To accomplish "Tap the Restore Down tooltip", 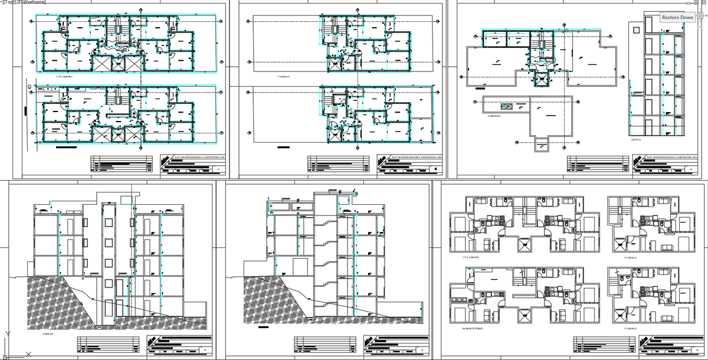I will coord(677,18).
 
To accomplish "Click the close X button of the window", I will coord(703,3).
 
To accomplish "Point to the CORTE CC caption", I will coord(635,140).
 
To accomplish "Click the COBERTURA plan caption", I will coord(494,116).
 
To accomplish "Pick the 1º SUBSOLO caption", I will coord(284,77).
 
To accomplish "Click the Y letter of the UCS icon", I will coord(7,334).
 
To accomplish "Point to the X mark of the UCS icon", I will coord(28,355).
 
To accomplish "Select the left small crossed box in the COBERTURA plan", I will coord(504,106).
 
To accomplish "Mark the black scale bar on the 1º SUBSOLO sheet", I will coord(284,148).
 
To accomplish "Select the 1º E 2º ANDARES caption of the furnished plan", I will coord(471,257).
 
